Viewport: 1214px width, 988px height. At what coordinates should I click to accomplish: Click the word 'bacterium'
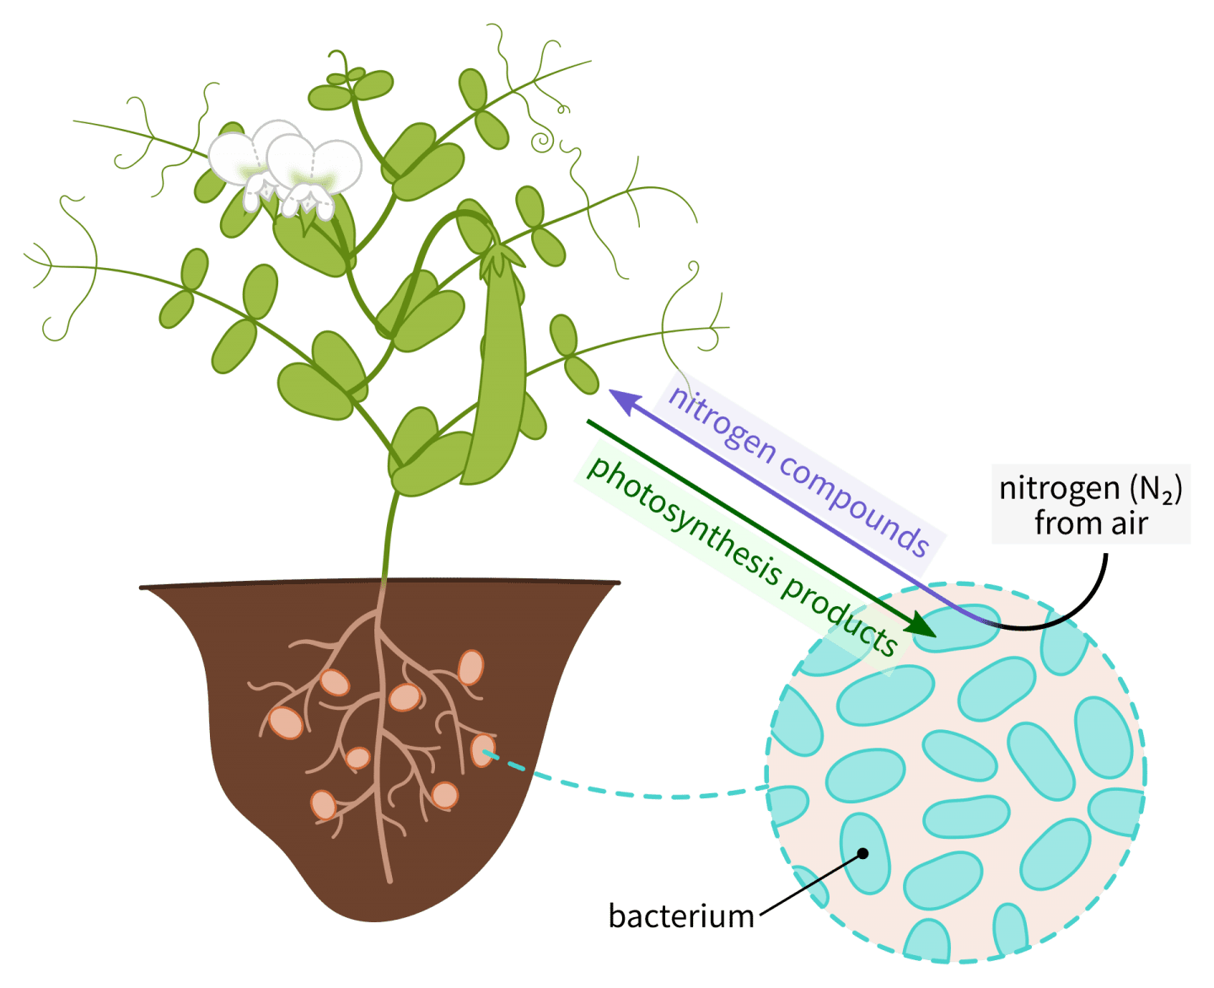click(681, 916)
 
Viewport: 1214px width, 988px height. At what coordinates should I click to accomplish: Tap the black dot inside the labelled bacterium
click(862, 853)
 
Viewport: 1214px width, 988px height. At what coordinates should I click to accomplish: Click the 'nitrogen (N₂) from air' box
click(1091, 504)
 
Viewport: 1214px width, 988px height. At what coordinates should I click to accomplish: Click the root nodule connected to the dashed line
click(482, 749)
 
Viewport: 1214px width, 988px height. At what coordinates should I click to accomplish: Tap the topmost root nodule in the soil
click(471, 668)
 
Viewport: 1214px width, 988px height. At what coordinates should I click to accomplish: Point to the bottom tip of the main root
click(389, 879)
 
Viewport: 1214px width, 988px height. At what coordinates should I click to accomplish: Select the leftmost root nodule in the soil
click(286, 722)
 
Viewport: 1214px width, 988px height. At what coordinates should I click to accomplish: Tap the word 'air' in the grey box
click(1128, 524)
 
